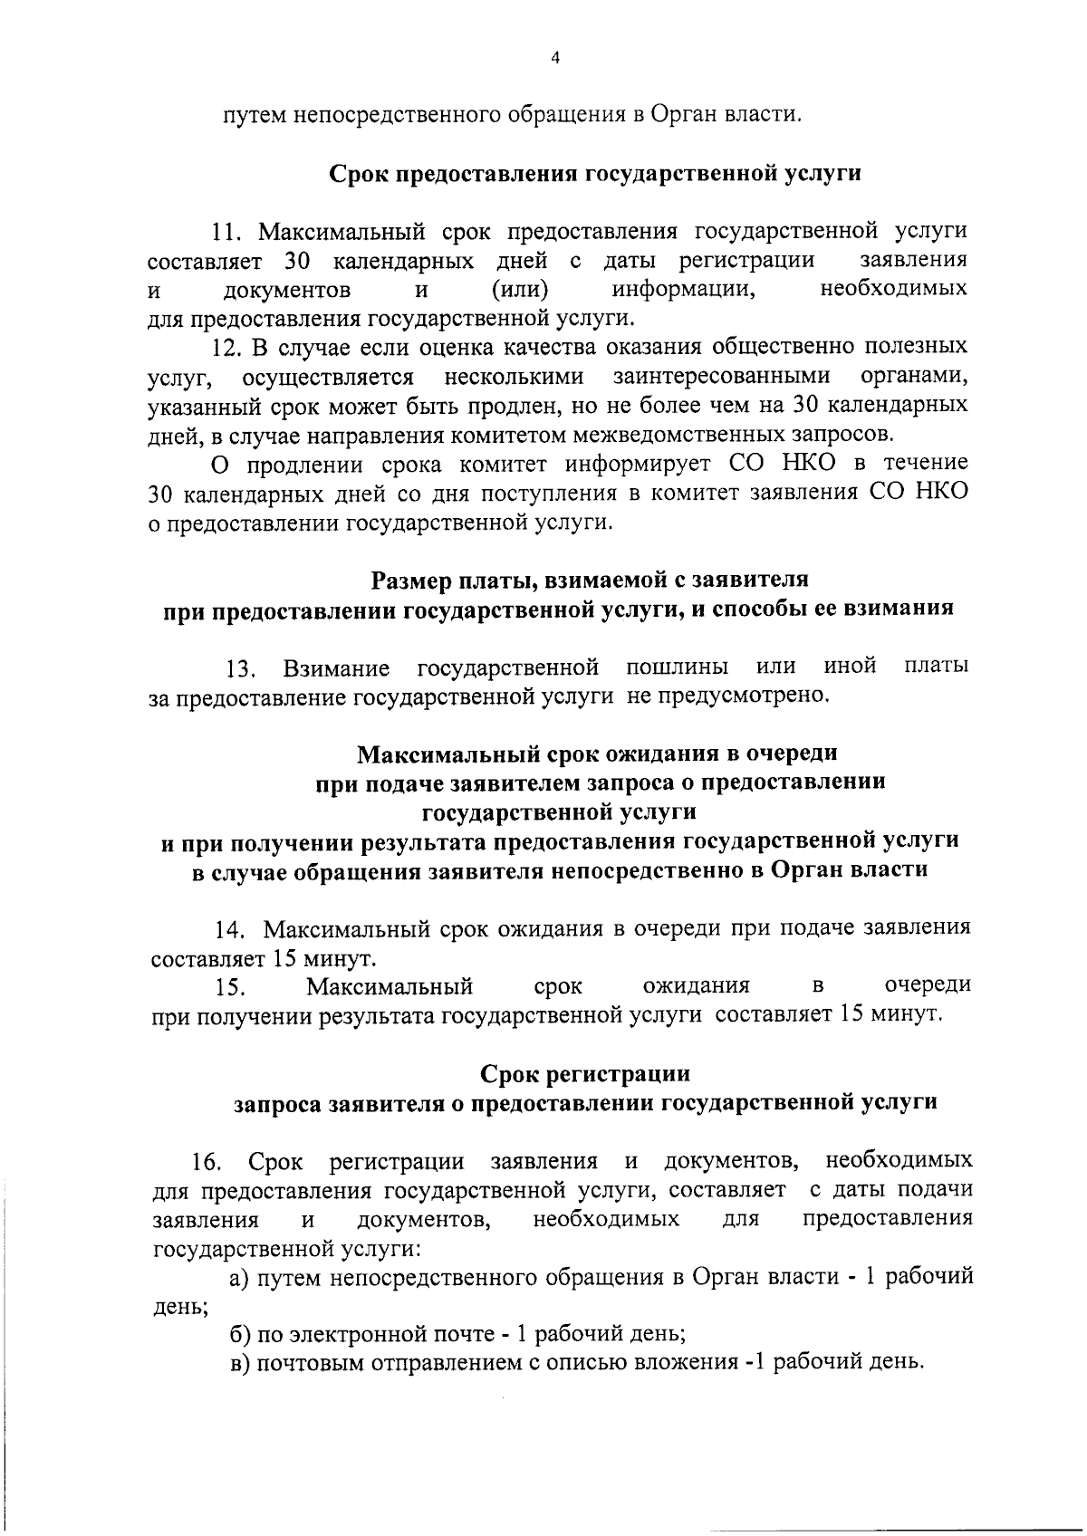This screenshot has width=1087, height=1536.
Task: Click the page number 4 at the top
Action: click(555, 58)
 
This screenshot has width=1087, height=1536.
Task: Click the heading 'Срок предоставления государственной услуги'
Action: click(593, 173)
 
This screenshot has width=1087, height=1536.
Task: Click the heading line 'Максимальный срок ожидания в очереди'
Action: click(597, 753)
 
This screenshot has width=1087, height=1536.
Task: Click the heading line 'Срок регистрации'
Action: click(584, 1074)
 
